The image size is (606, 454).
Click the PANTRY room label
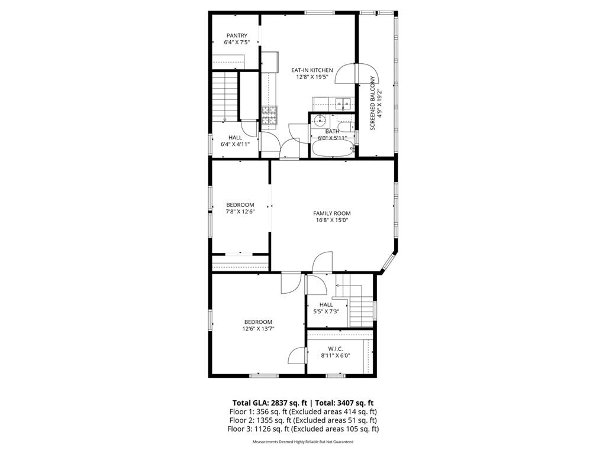pyautogui.click(x=236, y=35)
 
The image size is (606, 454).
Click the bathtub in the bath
pyautogui.click(x=332, y=148)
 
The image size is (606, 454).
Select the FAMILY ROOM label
pyautogui.click(x=331, y=213)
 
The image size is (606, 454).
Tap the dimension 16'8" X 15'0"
pyautogui.click(x=331, y=220)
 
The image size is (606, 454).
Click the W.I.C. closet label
pyautogui.click(x=335, y=349)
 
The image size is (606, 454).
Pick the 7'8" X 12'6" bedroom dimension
pyautogui.click(x=240, y=212)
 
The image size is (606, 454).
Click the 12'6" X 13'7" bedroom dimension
pyautogui.click(x=257, y=329)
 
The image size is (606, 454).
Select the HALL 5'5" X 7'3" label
pyautogui.click(x=326, y=308)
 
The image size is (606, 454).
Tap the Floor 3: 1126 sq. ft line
pyautogui.click(x=303, y=429)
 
